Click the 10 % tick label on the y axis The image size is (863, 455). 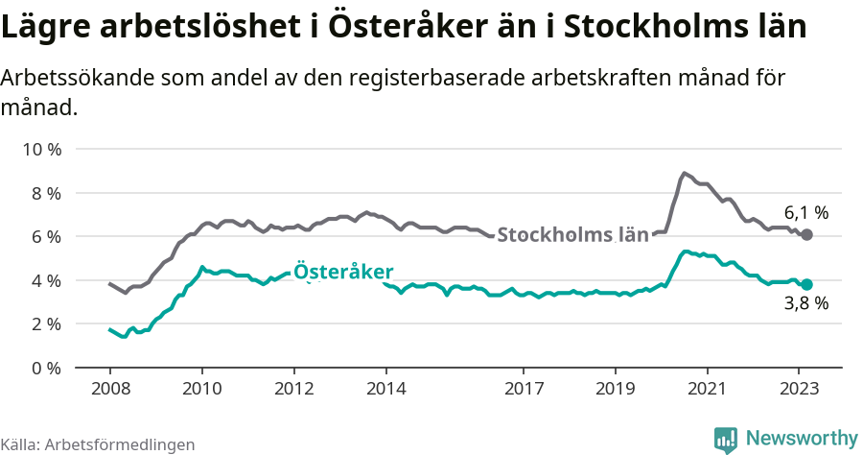coord(41,150)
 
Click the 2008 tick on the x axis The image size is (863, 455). coord(109,390)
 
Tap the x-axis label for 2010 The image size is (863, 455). coord(201,390)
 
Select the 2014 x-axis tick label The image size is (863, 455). coord(385,390)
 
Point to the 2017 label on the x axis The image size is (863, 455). coord(523,390)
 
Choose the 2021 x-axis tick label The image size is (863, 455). coord(707,390)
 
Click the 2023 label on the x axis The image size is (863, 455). coord(799,390)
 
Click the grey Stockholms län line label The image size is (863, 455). coord(572,234)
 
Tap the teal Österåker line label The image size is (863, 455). coord(342,272)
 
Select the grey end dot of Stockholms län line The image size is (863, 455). coord(807,234)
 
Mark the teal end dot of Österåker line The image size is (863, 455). coord(807,284)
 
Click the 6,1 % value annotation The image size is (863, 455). coord(805,213)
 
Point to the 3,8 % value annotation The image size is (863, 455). coord(805,304)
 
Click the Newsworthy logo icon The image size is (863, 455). coord(726,439)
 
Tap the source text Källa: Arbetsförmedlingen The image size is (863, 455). coord(98,444)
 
